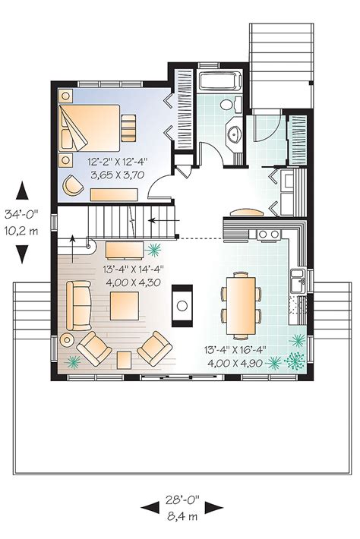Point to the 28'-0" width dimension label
pos(183,500)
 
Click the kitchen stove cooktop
pos(267,234)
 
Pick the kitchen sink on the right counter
pos(299,279)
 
